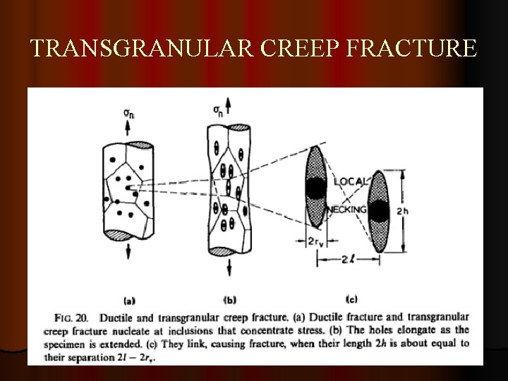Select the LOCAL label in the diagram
pyautogui.click(x=349, y=181)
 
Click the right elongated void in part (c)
pyautogui.click(x=380, y=210)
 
